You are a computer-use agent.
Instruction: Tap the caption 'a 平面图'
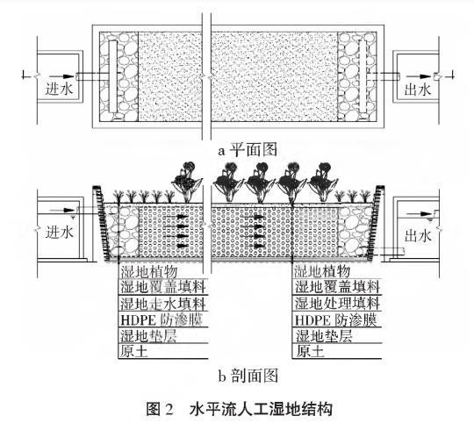click(237, 150)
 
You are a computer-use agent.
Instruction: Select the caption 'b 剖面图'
click(237, 376)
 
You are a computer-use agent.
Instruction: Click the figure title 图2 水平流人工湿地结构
click(237, 407)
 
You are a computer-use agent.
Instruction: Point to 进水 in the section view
click(56, 236)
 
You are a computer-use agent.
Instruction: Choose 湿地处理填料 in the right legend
click(337, 304)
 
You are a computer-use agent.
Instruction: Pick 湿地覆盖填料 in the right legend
click(337, 287)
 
